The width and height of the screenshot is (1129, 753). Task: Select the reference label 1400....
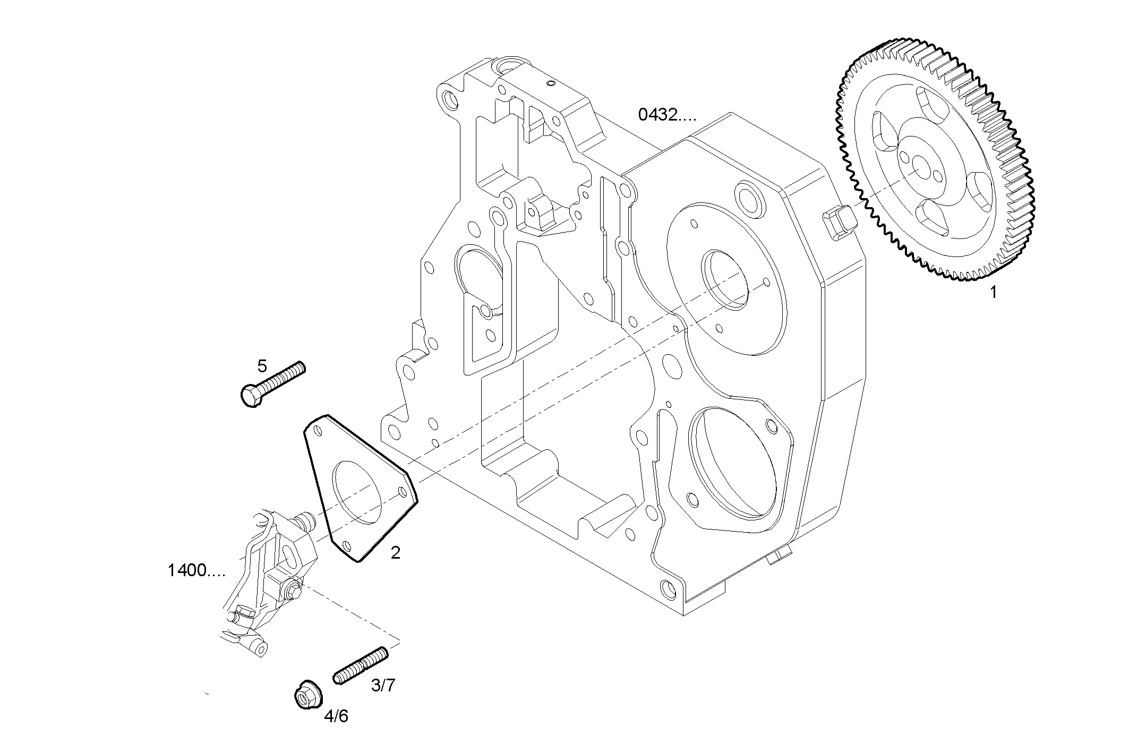196,571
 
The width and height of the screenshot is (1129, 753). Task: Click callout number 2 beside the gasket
395,553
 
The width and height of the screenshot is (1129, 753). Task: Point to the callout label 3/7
383,686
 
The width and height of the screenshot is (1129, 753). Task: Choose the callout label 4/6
336,716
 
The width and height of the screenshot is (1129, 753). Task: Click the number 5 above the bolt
262,366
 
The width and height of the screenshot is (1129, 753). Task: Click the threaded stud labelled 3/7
361,666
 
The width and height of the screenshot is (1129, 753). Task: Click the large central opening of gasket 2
357,493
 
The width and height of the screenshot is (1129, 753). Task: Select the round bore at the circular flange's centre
725,279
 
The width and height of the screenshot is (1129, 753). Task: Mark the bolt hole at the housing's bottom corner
668,588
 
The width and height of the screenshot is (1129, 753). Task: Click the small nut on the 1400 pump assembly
293,589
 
